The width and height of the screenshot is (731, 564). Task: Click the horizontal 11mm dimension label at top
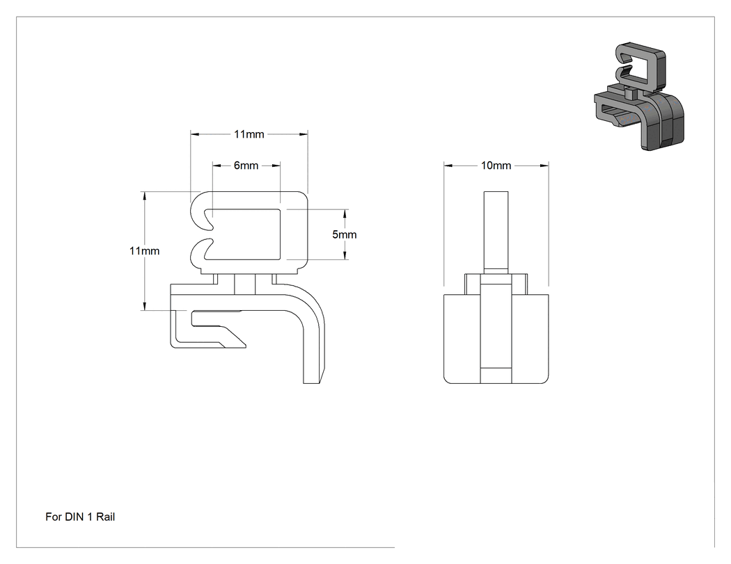point(249,134)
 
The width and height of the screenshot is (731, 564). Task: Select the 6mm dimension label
point(246,166)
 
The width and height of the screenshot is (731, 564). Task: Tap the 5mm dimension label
point(345,234)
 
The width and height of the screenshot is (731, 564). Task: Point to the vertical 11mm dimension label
point(145,250)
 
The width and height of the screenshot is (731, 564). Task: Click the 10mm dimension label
point(496,166)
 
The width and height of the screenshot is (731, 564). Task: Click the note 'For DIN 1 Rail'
point(80,517)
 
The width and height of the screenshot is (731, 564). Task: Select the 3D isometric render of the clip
point(639,97)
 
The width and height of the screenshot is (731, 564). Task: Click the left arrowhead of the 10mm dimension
point(448,166)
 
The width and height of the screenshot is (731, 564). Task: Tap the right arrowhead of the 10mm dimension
point(544,166)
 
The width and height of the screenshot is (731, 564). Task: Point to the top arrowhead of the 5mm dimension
point(345,213)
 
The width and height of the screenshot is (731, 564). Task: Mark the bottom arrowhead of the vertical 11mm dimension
point(145,305)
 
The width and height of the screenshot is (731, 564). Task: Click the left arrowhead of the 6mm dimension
point(217,166)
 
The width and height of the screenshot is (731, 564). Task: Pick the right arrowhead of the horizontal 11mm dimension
point(303,134)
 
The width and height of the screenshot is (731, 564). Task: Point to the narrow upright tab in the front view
point(496,232)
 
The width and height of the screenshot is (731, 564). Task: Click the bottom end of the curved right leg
point(313,382)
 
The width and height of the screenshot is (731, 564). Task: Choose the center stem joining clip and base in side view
point(245,284)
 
